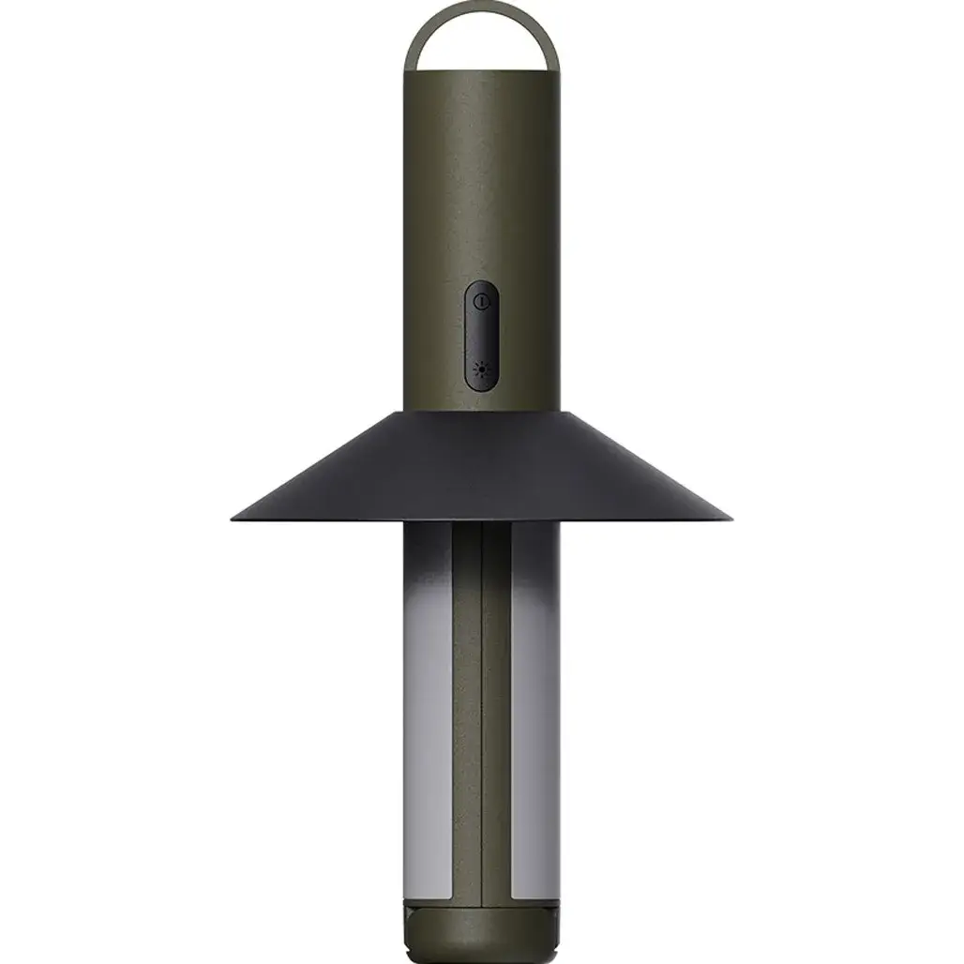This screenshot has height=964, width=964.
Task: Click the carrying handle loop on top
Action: click(x=482, y=9)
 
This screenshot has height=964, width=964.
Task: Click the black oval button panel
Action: click(x=481, y=335)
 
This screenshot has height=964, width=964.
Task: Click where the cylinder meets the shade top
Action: click(x=482, y=411)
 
